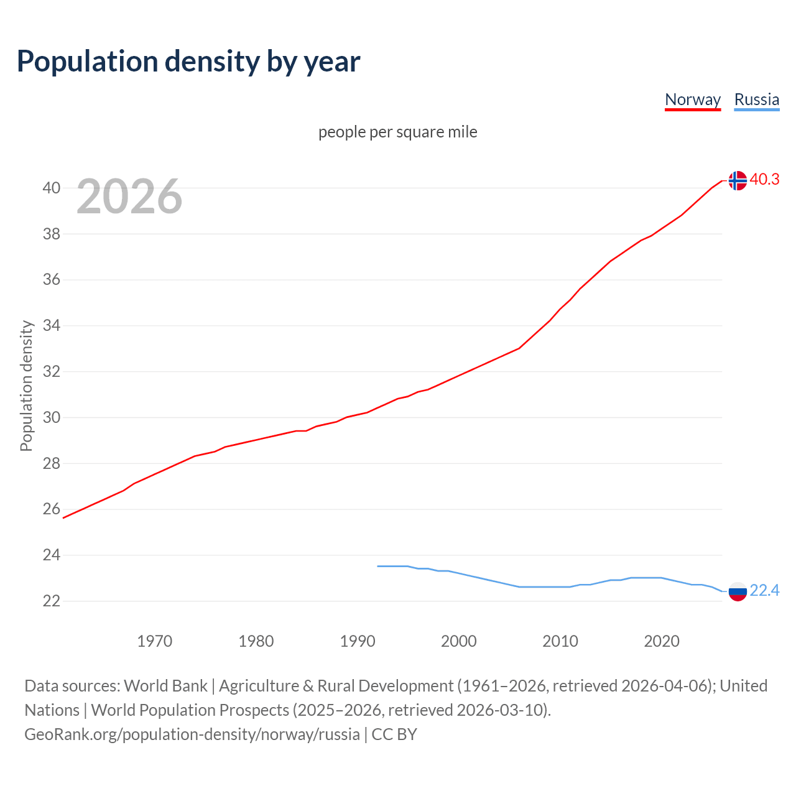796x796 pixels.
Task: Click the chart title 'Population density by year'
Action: tap(188, 62)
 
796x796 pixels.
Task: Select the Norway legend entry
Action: tap(693, 99)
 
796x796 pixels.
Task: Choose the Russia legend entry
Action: tap(756, 99)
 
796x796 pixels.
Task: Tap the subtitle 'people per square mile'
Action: tap(397, 132)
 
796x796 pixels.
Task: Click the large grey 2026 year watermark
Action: tap(129, 197)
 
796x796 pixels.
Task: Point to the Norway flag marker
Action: tap(737, 180)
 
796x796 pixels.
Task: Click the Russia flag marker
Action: tap(737, 591)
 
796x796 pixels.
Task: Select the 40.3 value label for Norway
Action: tap(764, 179)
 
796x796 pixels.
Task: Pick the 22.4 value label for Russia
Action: tap(764, 590)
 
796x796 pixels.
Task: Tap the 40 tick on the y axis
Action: tap(52, 188)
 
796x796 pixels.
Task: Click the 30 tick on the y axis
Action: tap(52, 417)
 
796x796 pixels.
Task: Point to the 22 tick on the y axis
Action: tap(52, 601)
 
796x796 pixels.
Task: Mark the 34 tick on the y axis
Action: tap(52, 325)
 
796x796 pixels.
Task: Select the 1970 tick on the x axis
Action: tap(154, 641)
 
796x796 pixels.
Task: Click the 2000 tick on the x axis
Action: tap(458, 641)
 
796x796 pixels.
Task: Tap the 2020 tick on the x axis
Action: tap(661, 641)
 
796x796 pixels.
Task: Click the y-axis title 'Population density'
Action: tap(26, 386)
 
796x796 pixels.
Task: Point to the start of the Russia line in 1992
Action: tap(378, 566)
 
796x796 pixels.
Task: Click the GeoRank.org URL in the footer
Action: tap(192, 734)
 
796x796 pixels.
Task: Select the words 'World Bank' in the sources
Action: tap(165, 686)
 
